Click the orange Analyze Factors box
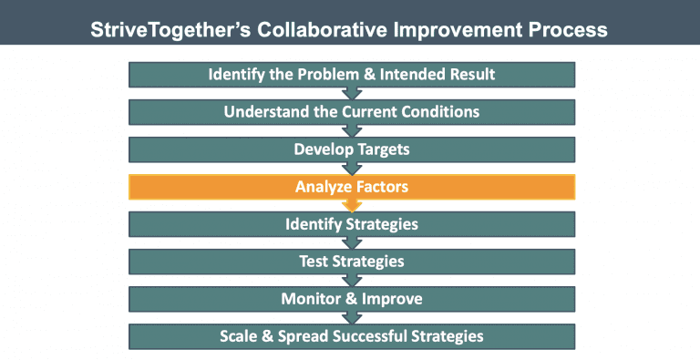click(351, 187)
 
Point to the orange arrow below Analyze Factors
click(351, 206)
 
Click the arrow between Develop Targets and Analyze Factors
click(351, 169)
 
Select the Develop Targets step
click(351, 149)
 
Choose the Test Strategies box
click(351, 262)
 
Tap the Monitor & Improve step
click(351, 299)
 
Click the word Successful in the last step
click(362, 336)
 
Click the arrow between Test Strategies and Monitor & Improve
click(351, 281)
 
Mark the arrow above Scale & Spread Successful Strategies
click(351, 318)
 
